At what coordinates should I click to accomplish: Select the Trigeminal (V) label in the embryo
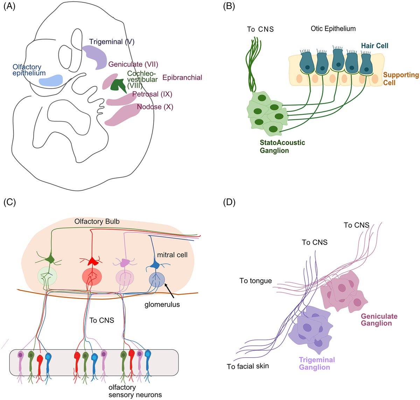coord(112,42)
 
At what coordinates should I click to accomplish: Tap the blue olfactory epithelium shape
coord(51,80)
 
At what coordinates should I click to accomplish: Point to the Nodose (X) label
coord(155,107)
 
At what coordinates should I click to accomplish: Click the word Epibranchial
coord(182,78)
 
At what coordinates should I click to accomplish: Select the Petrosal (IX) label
coord(152,94)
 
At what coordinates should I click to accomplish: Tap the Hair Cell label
coord(375,46)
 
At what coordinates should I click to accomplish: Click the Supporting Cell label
coord(401,79)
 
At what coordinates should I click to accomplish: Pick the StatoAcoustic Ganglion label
coord(282,147)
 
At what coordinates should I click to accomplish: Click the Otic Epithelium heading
coord(333,29)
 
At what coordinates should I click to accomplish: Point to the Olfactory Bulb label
coord(97,222)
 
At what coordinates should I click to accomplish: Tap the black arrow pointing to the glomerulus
coord(171,289)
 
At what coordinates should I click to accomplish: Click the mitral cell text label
coord(172,255)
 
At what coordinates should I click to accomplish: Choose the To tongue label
coord(255,281)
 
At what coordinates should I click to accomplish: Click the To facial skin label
coord(248,366)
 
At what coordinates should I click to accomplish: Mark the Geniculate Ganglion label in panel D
coord(379,320)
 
